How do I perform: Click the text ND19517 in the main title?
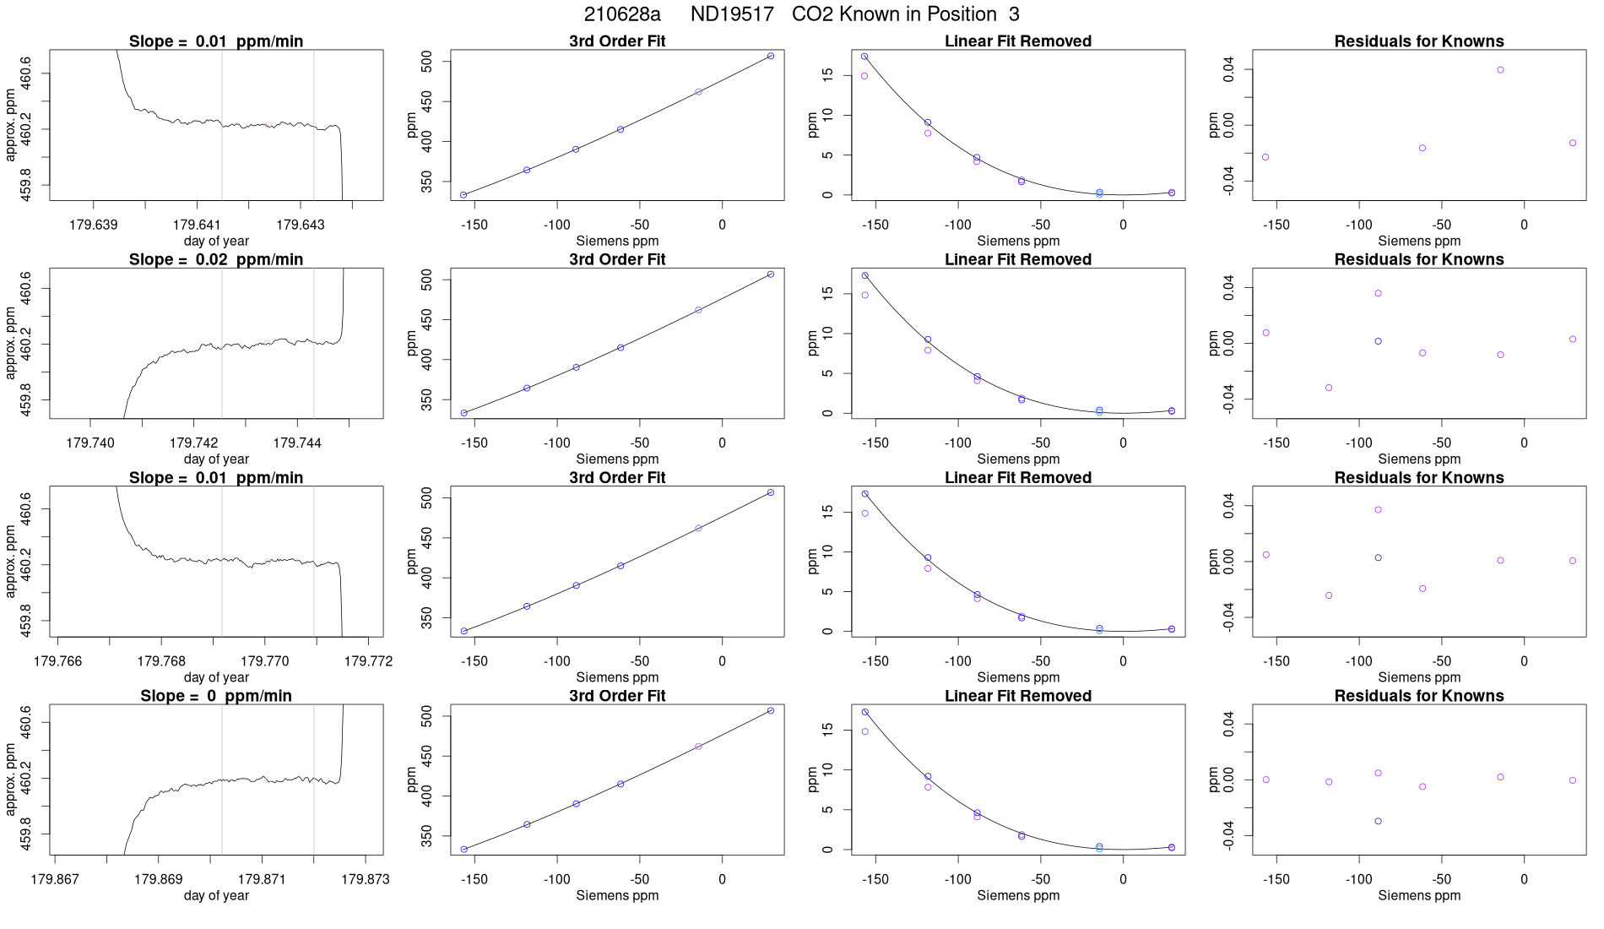coord(732,14)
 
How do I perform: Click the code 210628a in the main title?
coord(622,14)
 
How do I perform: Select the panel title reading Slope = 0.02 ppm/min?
coord(216,259)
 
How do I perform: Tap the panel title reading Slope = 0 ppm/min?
coord(216,696)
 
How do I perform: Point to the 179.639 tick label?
coord(94,225)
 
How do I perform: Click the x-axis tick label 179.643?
coord(301,225)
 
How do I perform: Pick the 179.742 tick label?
coord(194,443)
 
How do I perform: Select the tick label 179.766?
coord(58,660)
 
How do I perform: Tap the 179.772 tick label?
coord(368,660)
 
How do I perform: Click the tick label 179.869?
coord(159,879)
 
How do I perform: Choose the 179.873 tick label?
coord(366,879)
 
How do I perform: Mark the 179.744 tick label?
coord(297,443)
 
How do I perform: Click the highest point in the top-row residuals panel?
coord(1500,70)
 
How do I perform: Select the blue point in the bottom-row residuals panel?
coord(1378,821)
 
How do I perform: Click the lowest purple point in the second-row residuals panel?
coord(1329,388)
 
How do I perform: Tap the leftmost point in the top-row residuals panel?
coord(1265,157)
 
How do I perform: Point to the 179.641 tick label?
coord(197,225)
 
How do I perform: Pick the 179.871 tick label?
coord(262,879)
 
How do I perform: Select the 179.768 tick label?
coord(161,660)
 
